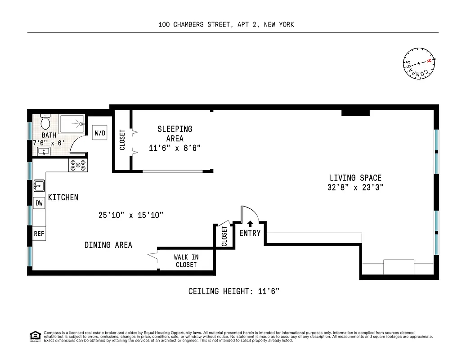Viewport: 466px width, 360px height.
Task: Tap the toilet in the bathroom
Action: tap(45, 122)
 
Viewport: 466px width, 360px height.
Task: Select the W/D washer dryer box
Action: tap(100, 133)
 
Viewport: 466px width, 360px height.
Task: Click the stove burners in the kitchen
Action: tap(77, 166)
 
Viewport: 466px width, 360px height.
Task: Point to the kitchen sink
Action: tap(39, 185)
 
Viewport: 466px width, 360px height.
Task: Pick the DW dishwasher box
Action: tap(39, 203)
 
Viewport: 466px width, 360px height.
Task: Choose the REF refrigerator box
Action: tap(39, 234)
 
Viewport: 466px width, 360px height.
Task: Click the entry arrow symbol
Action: tap(250, 224)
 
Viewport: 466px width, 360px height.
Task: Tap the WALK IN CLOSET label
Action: tap(186, 261)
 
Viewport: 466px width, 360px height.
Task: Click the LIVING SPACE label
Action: tap(355, 178)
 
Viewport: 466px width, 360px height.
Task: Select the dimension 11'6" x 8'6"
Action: tap(175, 148)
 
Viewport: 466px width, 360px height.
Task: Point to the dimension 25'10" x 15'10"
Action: tap(130, 215)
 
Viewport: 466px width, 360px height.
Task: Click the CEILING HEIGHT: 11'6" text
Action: tap(234, 292)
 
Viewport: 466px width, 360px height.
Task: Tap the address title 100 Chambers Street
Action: tap(226, 25)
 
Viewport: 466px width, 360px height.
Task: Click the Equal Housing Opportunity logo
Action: tap(34, 336)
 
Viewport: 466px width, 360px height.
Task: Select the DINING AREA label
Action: tap(108, 245)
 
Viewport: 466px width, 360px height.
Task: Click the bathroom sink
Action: tap(43, 151)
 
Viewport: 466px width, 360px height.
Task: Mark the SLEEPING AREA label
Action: tap(175, 134)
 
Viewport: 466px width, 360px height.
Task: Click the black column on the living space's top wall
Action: tap(355, 112)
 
